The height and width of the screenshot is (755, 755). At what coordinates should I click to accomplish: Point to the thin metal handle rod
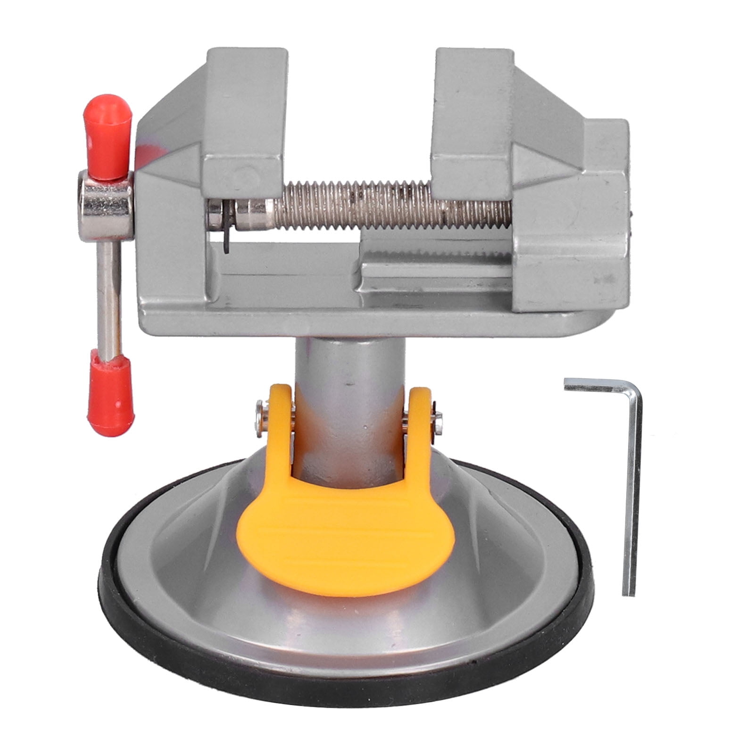[x=109, y=297]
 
